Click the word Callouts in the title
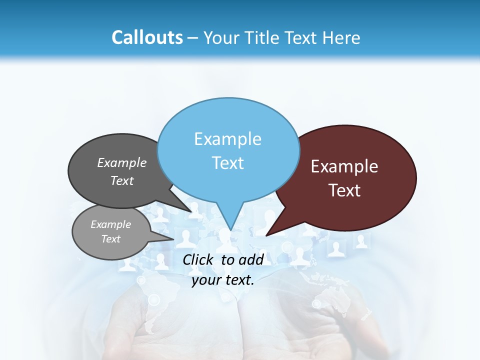(x=147, y=37)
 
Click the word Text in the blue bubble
(x=228, y=163)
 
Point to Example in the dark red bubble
(x=344, y=166)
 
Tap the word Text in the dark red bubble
(x=344, y=190)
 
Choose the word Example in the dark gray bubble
(x=122, y=162)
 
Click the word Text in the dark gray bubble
(x=122, y=180)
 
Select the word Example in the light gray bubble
(x=111, y=224)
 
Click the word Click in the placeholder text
(x=198, y=259)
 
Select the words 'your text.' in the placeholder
(x=223, y=280)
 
